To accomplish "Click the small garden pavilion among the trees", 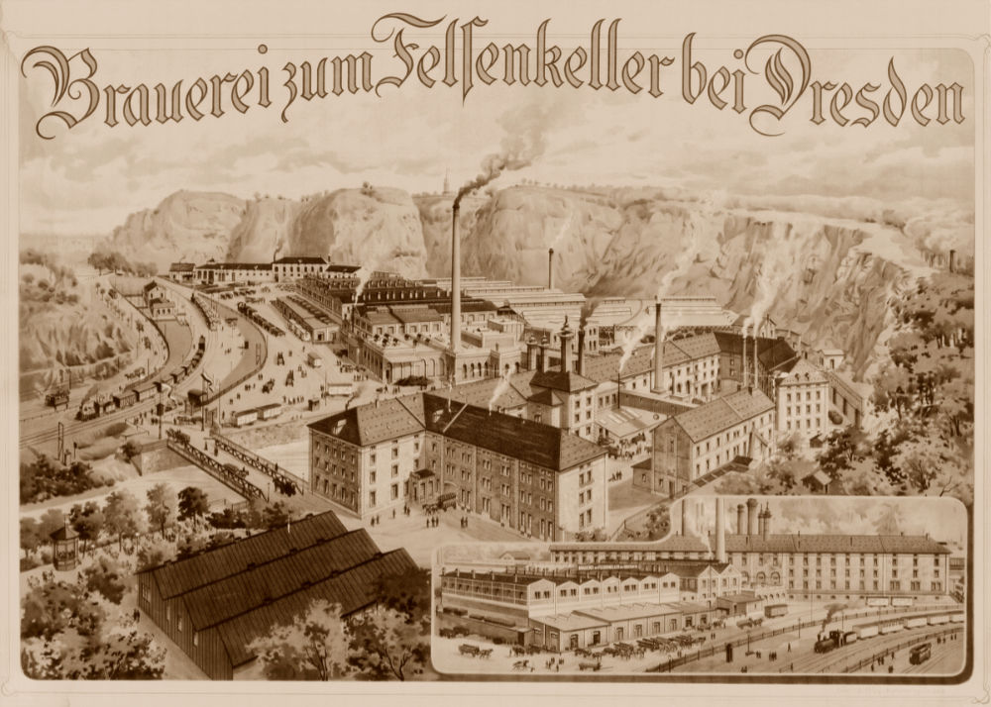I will (x=65, y=545).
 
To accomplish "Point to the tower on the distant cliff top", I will (x=447, y=183).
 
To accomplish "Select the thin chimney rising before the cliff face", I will (x=551, y=267).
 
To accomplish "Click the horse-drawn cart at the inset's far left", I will (x=468, y=651).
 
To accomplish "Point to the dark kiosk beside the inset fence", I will (x=728, y=653).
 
